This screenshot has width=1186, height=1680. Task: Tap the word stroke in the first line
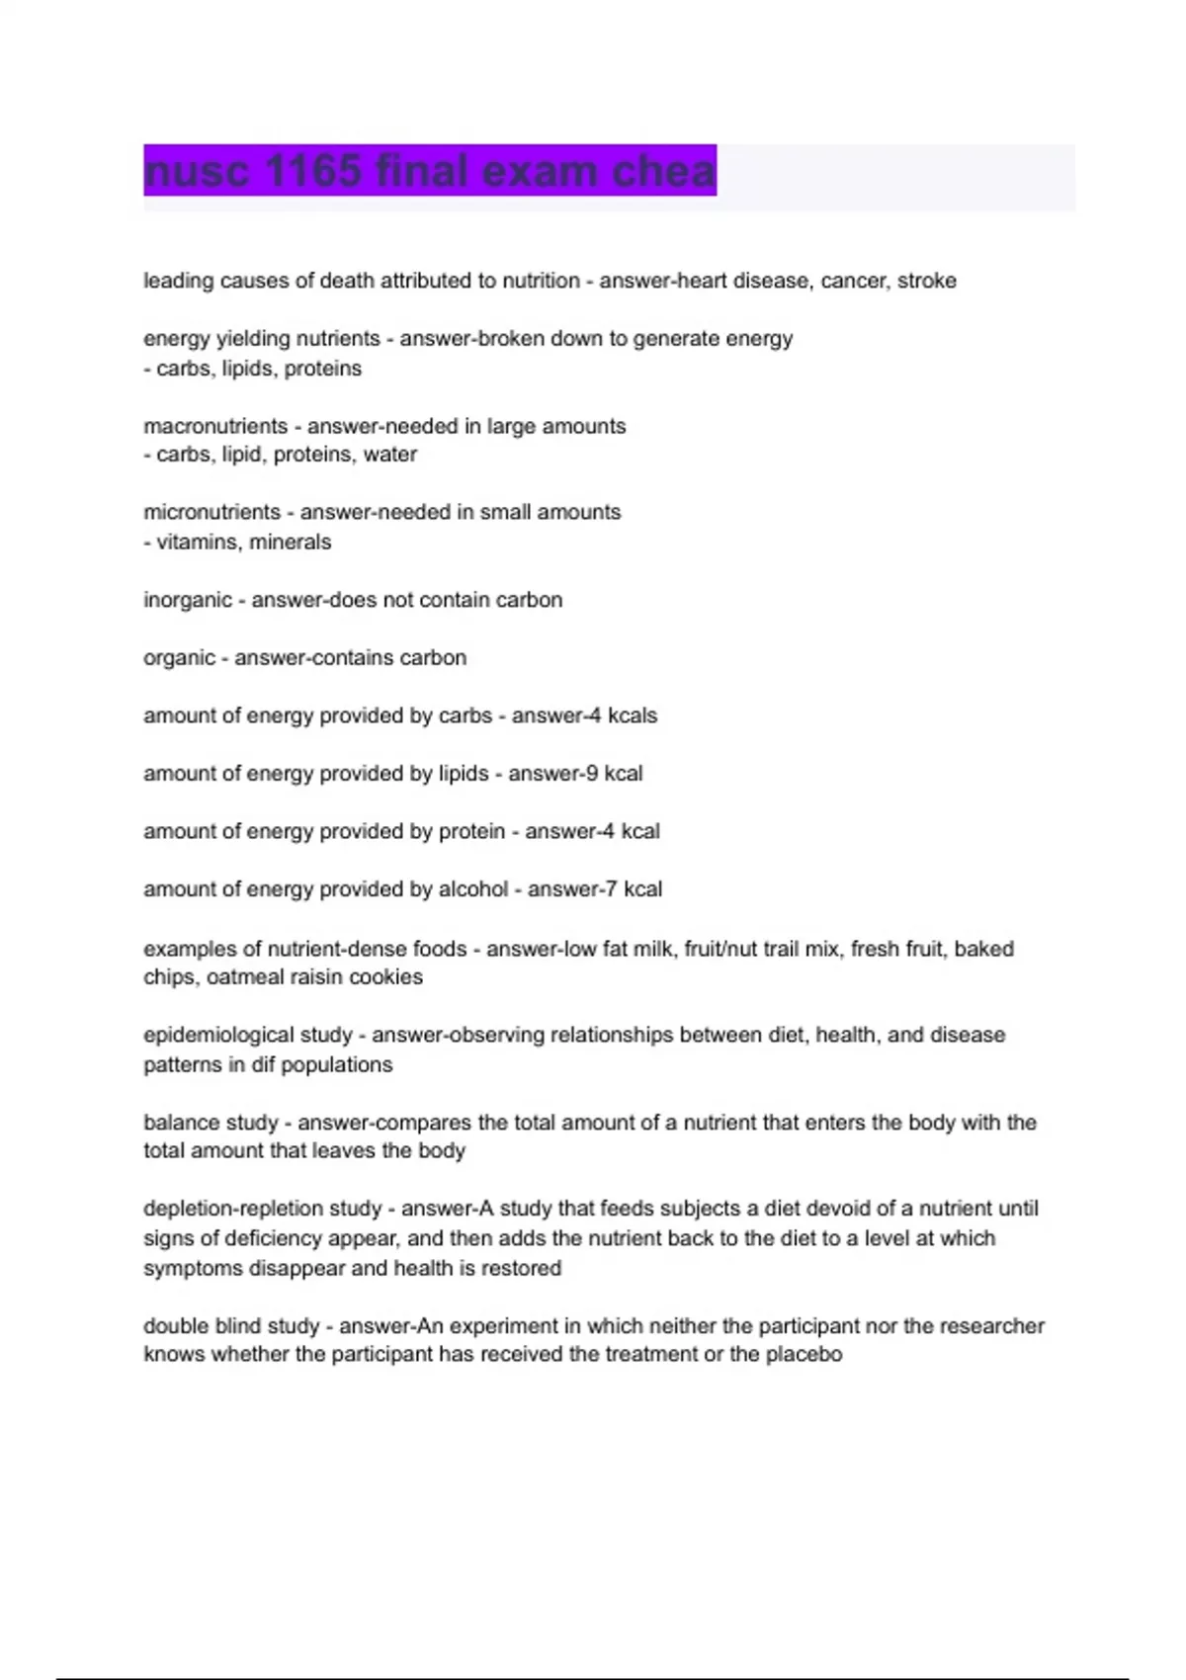(926, 281)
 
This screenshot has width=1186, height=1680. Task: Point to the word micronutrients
(212, 512)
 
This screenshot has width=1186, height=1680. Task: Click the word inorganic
(188, 600)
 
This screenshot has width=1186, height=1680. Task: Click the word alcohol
(473, 888)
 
